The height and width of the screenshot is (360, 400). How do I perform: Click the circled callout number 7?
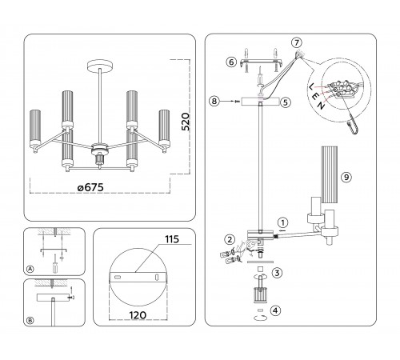click(297, 43)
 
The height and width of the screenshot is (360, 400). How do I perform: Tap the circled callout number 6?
click(231, 62)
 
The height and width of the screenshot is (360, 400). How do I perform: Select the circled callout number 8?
click(214, 102)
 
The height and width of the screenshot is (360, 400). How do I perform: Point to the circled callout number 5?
click(285, 102)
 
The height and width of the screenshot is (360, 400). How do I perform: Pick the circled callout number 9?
click(346, 177)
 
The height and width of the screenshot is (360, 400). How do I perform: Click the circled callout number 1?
click(283, 222)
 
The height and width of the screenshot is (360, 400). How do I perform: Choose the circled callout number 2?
click(230, 239)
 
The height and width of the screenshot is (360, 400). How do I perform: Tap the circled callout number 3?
click(277, 273)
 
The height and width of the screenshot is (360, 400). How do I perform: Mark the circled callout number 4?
click(276, 310)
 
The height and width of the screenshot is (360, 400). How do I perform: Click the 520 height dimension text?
click(186, 122)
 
